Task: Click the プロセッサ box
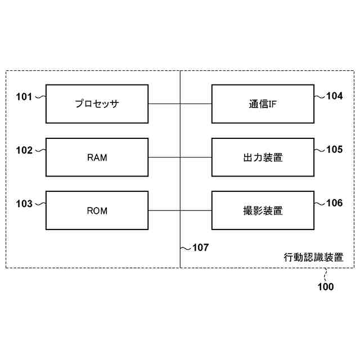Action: tap(97, 104)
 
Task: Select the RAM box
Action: tap(97, 157)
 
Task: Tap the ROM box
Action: tap(97, 211)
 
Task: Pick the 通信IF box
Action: tap(263, 104)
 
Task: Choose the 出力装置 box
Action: tap(263, 157)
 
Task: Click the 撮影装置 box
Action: tap(263, 211)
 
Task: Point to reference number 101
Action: tap(25, 97)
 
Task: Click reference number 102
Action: tap(25, 150)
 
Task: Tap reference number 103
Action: tap(25, 204)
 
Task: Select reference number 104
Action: tap(334, 96)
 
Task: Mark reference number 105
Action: tap(334, 150)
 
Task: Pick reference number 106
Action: tap(334, 203)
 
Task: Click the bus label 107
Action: tap(200, 247)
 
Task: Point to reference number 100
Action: tap(325, 287)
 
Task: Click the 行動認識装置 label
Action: tap(313, 258)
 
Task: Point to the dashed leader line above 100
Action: tap(325, 274)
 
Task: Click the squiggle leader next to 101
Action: tap(40, 97)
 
